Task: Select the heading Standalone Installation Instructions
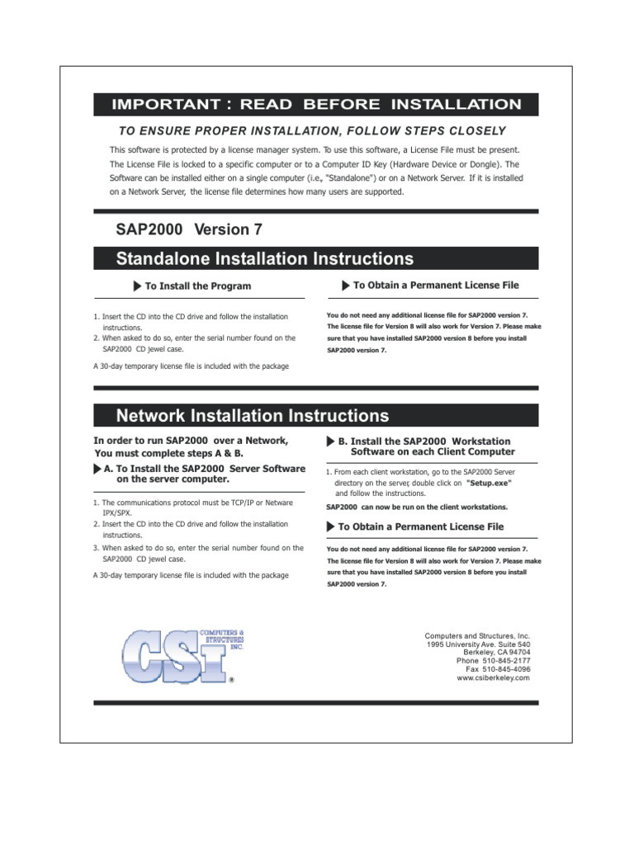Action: pyautogui.click(x=265, y=259)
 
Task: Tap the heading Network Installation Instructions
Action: pyautogui.click(x=253, y=415)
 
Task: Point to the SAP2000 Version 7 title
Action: pyautogui.click(x=190, y=230)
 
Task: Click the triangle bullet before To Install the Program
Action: pyautogui.click(x=137, y=286)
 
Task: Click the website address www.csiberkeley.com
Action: pyautogui.click(x=493, y=677)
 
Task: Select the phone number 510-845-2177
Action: pyautogui.click(x=504, y=661)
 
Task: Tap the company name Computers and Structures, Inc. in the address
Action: pyautogui.click(x=477, y=636)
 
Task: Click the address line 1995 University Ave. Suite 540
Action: pyautogui.click(x=478, y=644)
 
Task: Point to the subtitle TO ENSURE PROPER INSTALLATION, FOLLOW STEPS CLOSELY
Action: pyautogui.click(x=312, y=131)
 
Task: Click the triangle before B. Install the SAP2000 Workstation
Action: pyautogui.click(x=330, y=441)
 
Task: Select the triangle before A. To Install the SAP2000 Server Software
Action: pyautogui.click(x=97, y=469)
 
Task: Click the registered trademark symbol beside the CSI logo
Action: pyautogui.click(x=232, y=681)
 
